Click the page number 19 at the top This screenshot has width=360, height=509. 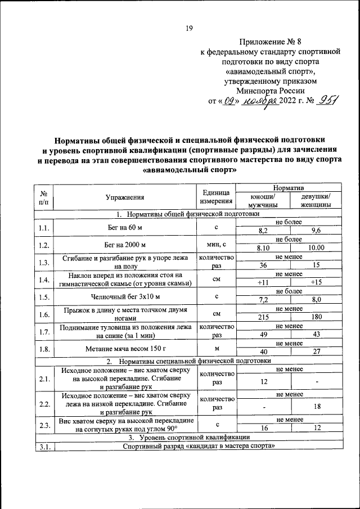189,29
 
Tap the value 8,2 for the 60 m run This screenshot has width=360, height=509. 262,231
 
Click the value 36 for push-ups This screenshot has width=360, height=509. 262,265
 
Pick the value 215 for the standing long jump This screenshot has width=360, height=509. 262,316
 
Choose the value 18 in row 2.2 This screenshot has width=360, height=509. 316,407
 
